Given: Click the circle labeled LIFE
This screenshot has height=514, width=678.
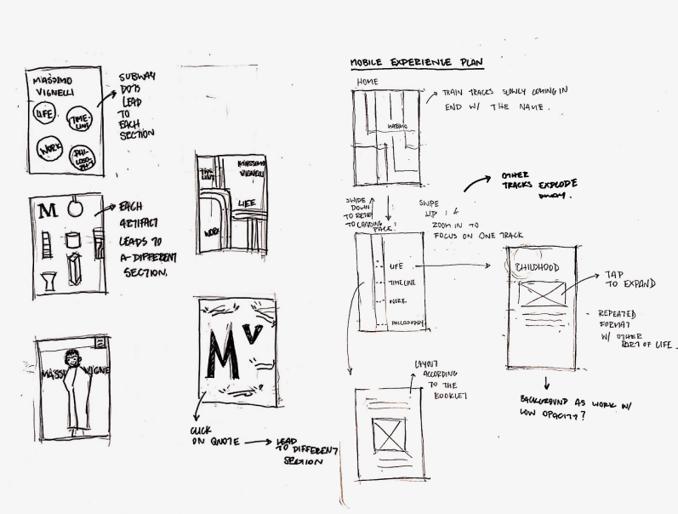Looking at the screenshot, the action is (x=42, y=114).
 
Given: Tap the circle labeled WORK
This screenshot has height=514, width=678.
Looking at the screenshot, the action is (x=42, y=154).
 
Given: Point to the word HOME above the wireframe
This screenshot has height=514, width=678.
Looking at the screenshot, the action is (x=367, y=82).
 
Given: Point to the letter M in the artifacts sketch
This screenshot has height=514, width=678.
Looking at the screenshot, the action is (x=47, y=208).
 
